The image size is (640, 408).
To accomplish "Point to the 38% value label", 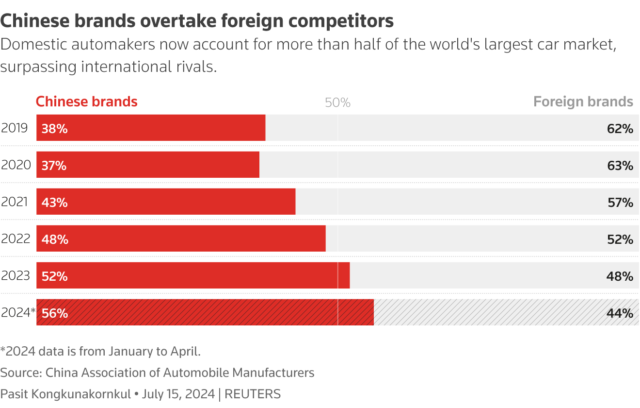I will click(54, 129).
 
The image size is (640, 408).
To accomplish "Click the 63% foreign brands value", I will click(620, 166).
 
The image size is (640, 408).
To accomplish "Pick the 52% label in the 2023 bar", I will click(54, 276).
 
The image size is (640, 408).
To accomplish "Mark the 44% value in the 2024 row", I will click(620, 313).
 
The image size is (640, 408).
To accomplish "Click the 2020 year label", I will click(16, 165).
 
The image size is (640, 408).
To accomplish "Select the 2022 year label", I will click(16, 239).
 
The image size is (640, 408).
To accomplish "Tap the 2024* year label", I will click(18, 313).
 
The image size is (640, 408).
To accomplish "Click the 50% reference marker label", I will click(337, 103).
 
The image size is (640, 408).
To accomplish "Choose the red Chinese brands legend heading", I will click(87, 102).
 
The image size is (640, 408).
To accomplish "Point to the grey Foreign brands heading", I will click(583, 102).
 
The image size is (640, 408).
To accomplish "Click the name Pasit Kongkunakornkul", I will click(65, 394).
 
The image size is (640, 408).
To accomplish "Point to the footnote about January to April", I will click(100, 351).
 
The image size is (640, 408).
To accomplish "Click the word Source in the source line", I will click(20, 373).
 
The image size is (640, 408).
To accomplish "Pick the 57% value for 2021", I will click(620, 203).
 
